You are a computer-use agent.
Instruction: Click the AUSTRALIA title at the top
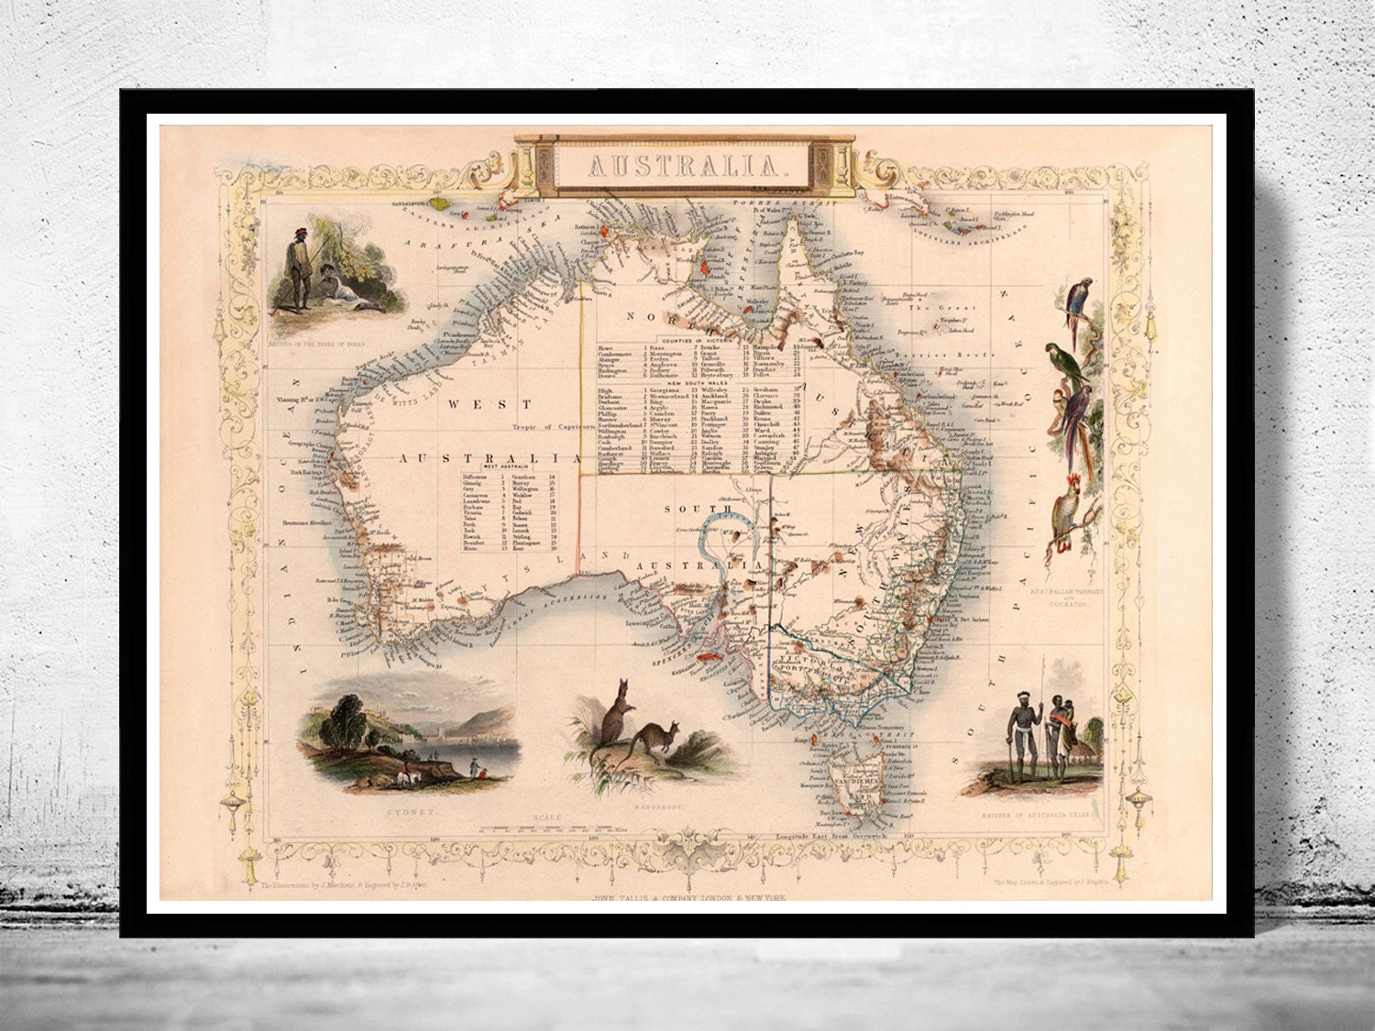(x=684, y=167)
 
